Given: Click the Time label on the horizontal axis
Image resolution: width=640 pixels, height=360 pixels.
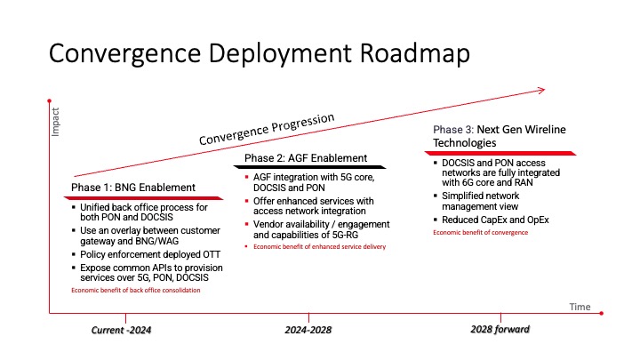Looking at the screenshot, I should pyautogui.click(x=580, y=306).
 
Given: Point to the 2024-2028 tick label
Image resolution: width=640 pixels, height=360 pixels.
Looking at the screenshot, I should pyautogui.click(x=308, y=330).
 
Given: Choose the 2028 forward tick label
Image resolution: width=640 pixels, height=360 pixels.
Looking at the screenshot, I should pyautogui.click(x=500, y=330).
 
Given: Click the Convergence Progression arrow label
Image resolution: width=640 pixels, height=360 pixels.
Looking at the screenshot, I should pyautogui.click(x=267, y=129).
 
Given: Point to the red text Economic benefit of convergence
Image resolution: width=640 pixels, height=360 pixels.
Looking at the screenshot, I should pyautogui.click(x=481, y=233).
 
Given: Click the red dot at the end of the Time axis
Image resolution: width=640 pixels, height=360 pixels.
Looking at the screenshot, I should pyautogui.click(x=603, y=313).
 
